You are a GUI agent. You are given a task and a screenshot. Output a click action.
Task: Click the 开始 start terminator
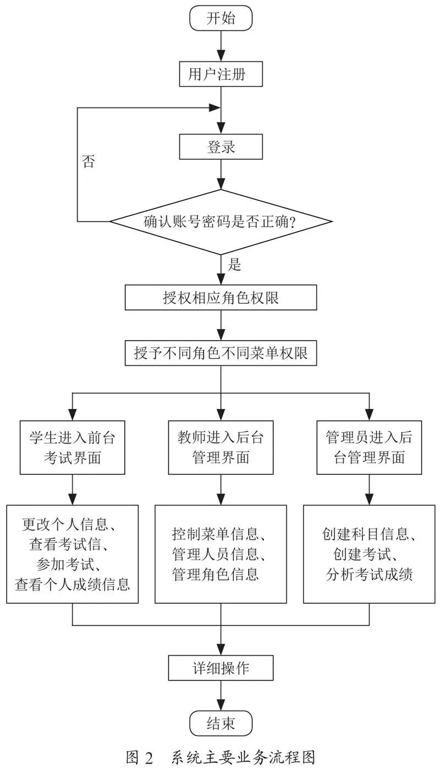221,18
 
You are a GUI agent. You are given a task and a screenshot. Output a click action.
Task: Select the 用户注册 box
221,74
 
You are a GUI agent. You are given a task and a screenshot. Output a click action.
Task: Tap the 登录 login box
221,147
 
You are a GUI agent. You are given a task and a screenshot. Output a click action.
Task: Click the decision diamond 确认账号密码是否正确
221,221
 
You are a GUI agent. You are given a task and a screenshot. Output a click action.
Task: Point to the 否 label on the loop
89,161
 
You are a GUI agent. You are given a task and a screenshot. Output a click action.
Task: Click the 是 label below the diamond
234,264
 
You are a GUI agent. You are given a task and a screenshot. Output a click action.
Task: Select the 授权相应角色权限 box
221,297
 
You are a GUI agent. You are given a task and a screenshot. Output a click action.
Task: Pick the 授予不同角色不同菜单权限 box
221,353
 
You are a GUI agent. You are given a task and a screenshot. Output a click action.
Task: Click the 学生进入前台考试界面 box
72,447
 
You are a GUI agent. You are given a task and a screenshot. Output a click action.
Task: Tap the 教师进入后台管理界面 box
221,447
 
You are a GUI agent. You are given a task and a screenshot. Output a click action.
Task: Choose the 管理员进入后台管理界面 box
369,447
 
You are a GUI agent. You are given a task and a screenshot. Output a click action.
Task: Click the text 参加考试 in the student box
65,564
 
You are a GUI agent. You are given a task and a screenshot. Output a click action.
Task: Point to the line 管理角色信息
216,574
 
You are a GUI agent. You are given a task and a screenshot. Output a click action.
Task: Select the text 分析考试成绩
369,574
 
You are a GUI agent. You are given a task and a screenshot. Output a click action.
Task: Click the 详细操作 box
221,668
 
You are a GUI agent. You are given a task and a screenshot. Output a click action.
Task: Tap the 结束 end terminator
221,724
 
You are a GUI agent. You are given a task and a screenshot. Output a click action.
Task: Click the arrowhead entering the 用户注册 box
221,56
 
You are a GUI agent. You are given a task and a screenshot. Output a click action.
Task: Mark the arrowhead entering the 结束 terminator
221,705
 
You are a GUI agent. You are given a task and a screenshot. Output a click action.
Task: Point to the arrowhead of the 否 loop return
215,107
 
